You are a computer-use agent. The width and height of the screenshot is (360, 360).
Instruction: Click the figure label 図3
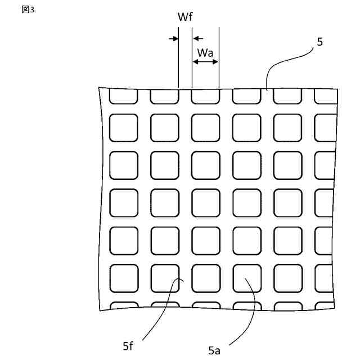click(x=28, y=10)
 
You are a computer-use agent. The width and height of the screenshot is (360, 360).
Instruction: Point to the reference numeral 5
click(x=319, y=42)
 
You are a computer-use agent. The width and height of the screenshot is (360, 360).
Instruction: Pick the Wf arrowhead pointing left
click(x=196, y=39)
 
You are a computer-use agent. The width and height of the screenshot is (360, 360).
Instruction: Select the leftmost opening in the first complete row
click(x=123, y=128)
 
